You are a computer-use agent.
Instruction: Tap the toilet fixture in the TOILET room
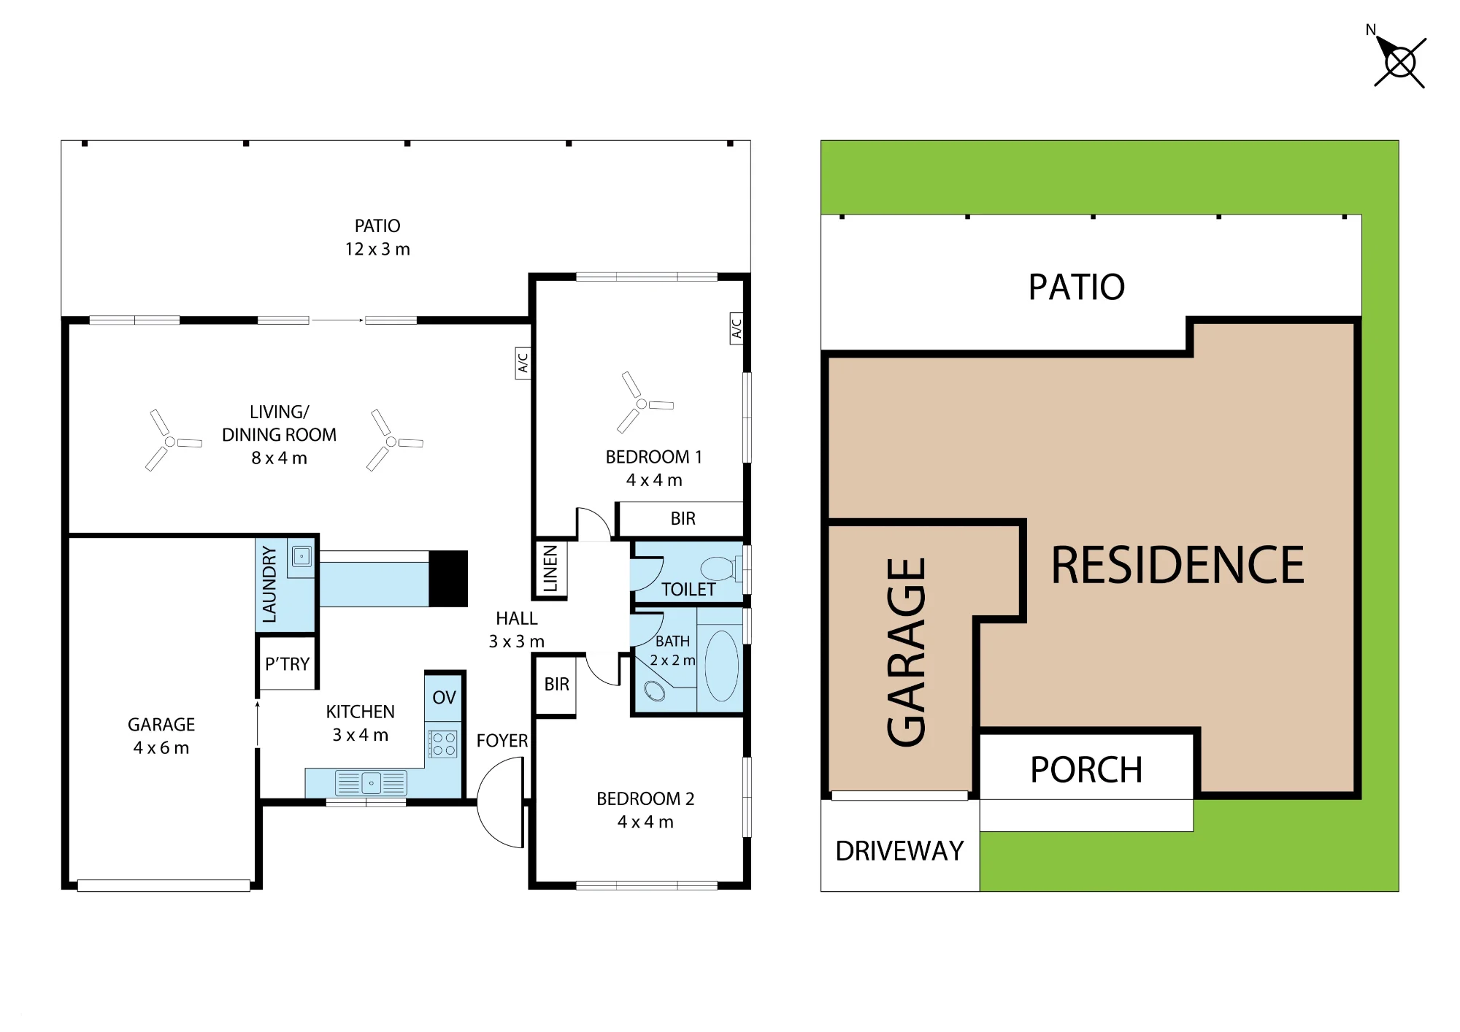coord(721,568)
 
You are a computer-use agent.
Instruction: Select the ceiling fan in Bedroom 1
coord(642,403)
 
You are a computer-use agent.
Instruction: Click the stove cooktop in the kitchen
coord(443,744)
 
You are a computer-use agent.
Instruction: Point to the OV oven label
coord(444,698)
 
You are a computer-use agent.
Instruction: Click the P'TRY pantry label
coord(287,664)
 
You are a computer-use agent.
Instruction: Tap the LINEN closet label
coord(550,569)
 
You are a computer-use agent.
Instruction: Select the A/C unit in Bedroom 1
coord(737,328)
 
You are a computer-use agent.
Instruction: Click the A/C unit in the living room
coord(523,363)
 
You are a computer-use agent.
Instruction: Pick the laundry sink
coord(301,557)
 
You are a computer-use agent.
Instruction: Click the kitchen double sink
coord(371,783)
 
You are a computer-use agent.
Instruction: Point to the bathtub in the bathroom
coord(721,665)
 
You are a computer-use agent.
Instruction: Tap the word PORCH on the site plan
coord(1086,770)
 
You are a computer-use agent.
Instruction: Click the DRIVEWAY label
coord(899,851)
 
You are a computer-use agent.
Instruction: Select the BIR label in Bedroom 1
coord(683,519)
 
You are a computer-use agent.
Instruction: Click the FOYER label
coord(502,741)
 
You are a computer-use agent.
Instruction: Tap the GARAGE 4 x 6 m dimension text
coord(161,748)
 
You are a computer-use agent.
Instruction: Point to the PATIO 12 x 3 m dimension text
coord(377,250)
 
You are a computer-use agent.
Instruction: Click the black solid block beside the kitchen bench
coord(448,579)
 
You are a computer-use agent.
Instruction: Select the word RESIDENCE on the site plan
coord(1177,565)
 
